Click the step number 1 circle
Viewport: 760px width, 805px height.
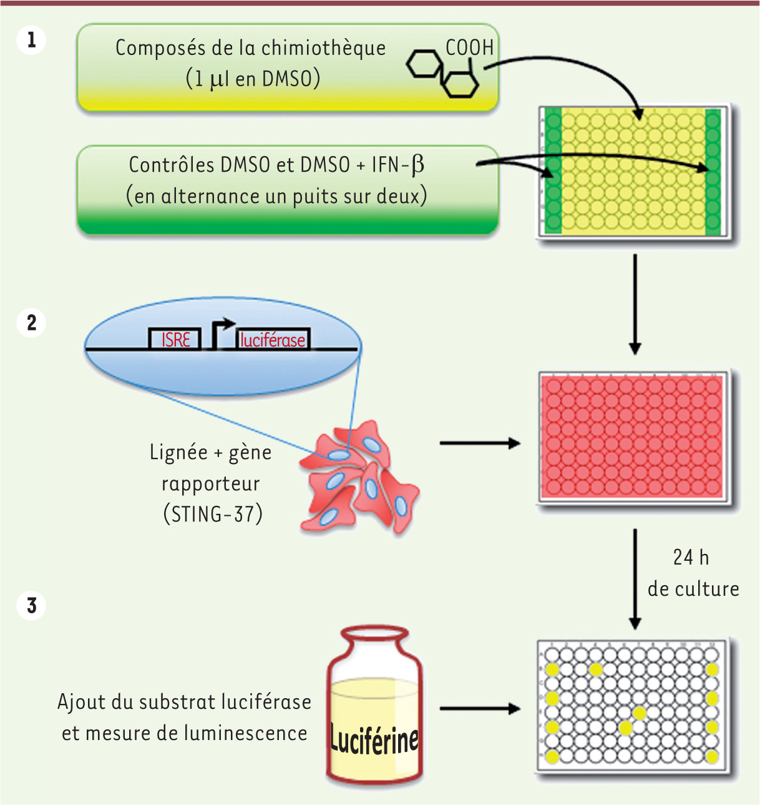(x=31, y=41)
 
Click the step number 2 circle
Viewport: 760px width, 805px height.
(x=31, y=323)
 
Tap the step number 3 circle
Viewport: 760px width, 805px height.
(x=31, y=605)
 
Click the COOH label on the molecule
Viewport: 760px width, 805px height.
(x=469, y=47)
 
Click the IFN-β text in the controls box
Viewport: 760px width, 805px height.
(x=398, y=165)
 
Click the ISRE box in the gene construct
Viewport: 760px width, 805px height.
(x=175, y=339)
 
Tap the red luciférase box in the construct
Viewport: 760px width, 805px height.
(x=273, y=339)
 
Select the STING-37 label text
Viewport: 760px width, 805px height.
(x=213, y=514)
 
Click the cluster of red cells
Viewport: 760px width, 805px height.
(x=358, y=478)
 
